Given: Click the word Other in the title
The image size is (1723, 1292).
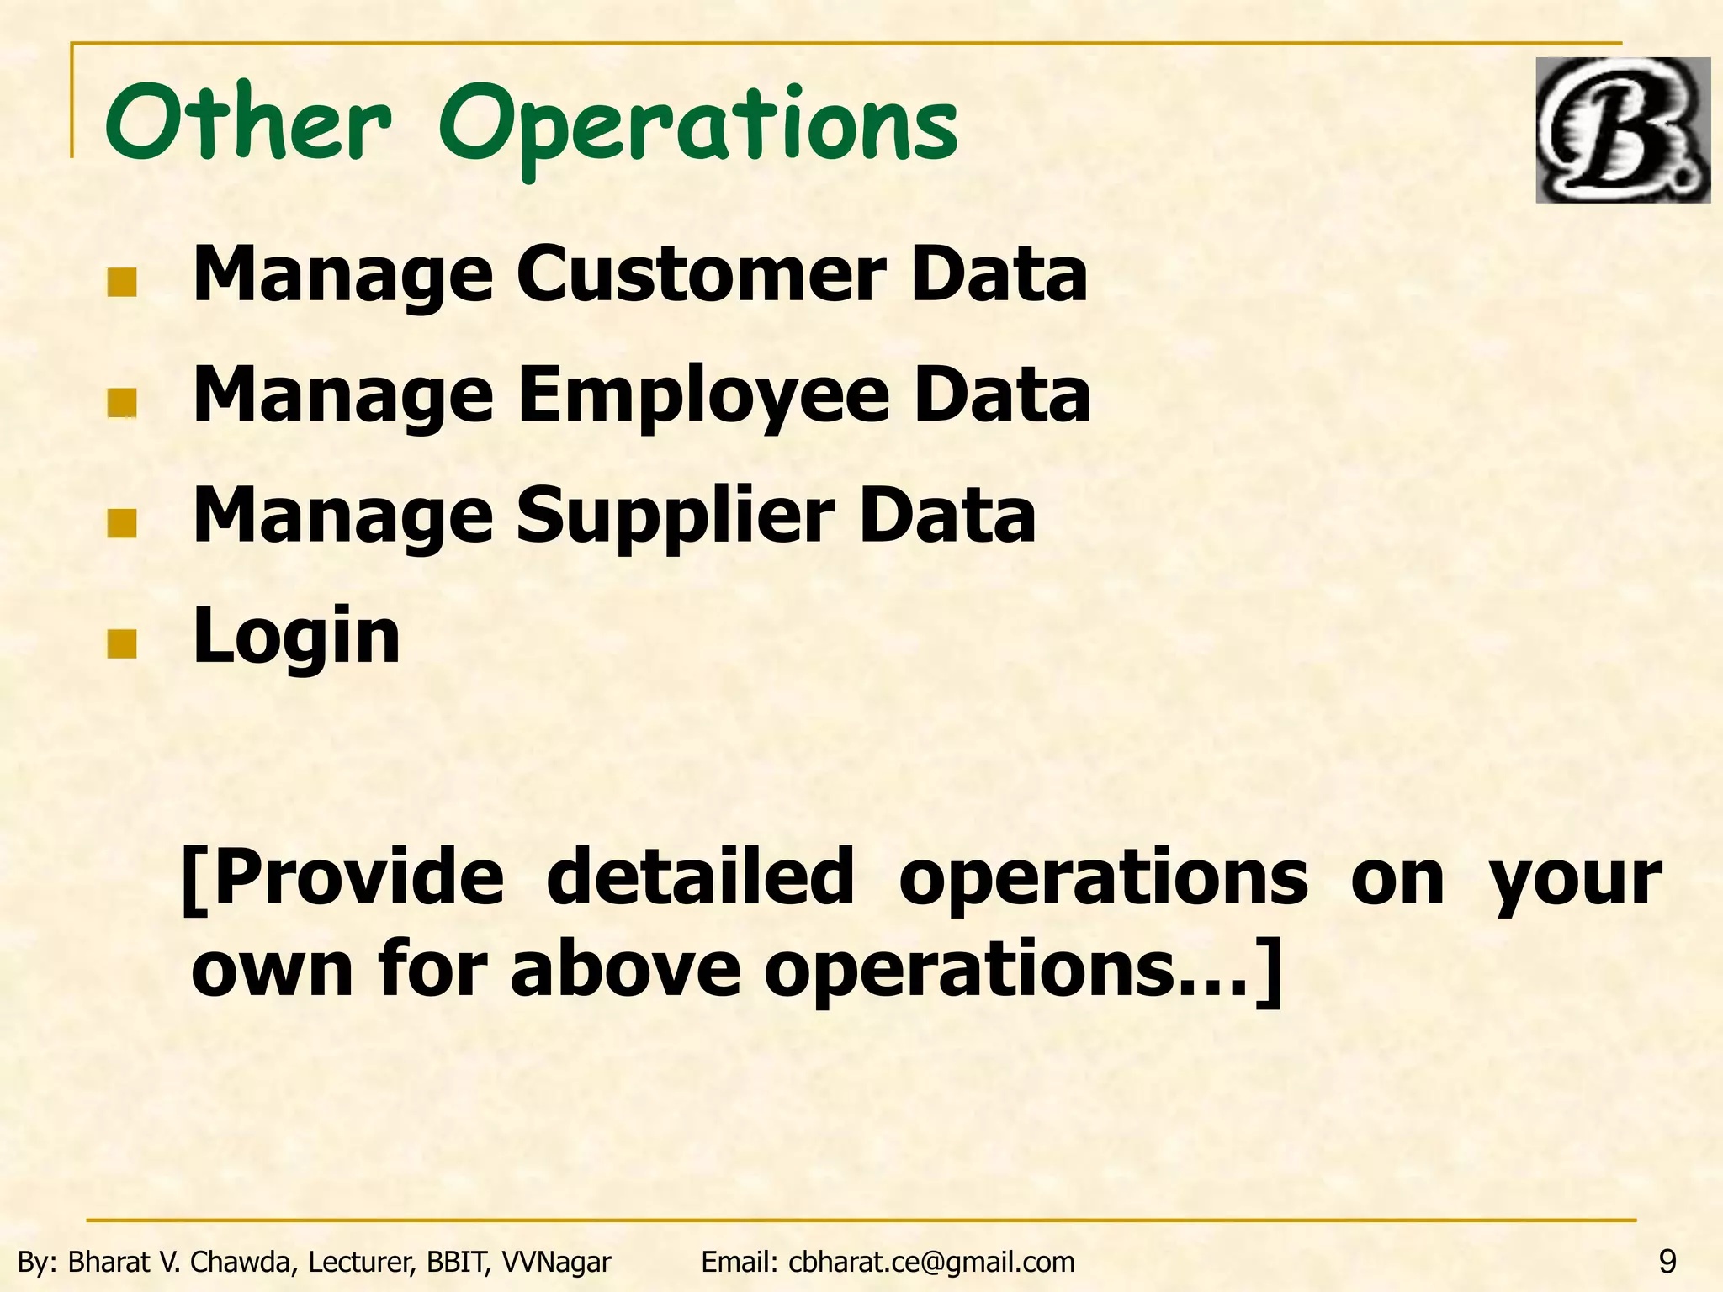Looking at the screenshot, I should tap(249, 124).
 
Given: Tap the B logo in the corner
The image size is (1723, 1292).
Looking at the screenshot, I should tap(1622, 130).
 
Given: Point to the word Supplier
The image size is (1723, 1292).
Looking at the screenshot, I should tap(675, 516).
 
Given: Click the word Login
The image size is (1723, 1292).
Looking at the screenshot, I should tap(296, 638).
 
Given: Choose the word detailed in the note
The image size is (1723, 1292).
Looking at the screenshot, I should tap(700, 878).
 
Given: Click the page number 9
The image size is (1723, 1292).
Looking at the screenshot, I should tap(1667, 1262).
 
